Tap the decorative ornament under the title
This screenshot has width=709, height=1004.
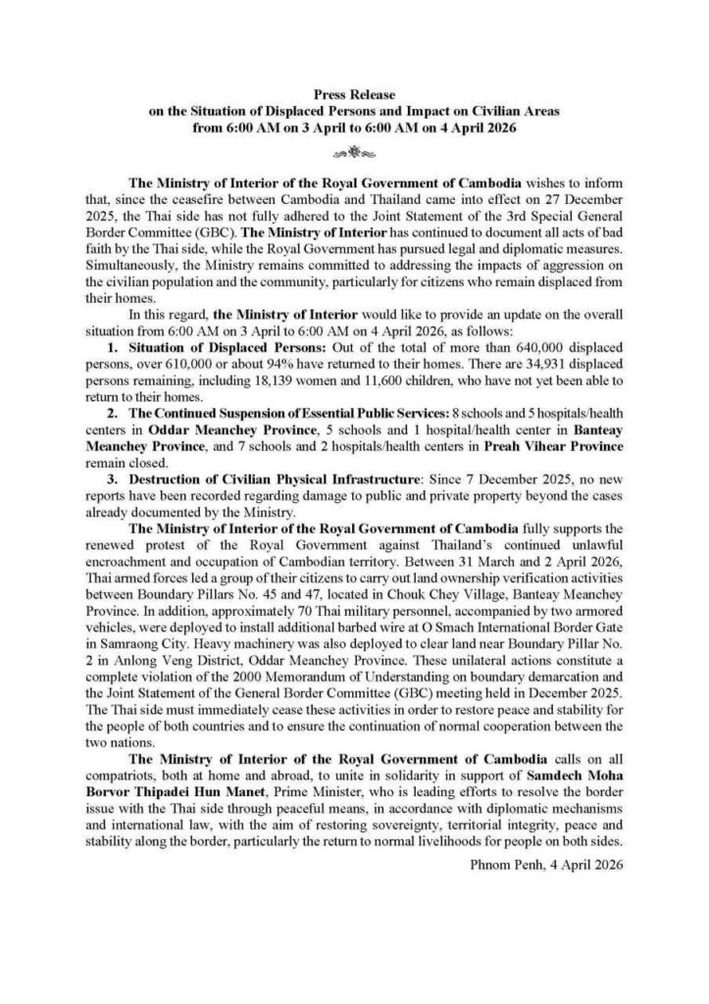click(x=353, y=153)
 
